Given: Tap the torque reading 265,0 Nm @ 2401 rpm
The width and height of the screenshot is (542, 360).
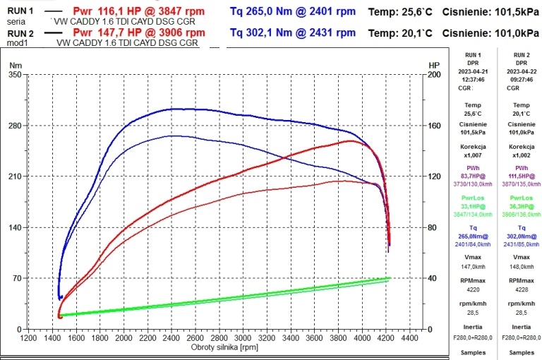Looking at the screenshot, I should coord(293,12).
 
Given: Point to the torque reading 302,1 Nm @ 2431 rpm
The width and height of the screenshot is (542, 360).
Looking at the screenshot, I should coord(293,33).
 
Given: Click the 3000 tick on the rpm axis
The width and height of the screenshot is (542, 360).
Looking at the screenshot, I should coord(243,338).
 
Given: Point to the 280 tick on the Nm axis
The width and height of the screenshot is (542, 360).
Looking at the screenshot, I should coord(14,126).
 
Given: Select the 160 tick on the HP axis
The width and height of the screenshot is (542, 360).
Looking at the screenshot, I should coord(435,126).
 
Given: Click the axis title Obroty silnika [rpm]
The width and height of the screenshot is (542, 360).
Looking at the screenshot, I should coord(224,347).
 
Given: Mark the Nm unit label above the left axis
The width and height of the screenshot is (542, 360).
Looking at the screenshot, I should coord(15,65).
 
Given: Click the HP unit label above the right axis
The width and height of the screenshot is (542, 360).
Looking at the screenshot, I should coord(433,65).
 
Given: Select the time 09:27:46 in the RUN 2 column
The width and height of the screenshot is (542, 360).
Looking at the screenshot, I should coord(519,80).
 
